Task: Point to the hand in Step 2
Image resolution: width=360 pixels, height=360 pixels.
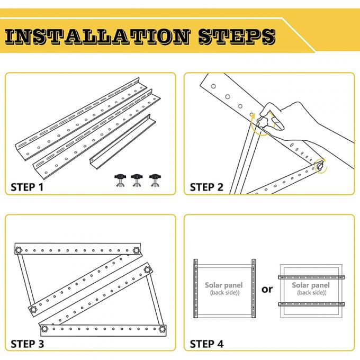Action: point(296,119)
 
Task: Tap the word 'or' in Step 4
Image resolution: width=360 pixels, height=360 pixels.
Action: point(267,289)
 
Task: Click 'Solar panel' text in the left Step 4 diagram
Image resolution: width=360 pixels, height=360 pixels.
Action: point(224,285)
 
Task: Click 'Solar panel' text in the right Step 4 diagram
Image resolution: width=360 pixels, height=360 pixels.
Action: point(311,285)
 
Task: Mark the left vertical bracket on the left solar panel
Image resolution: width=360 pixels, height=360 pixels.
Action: point(195,289)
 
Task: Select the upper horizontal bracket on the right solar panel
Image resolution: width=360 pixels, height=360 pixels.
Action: point(311,277)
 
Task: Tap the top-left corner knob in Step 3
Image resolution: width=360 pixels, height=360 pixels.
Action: point(20,250)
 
